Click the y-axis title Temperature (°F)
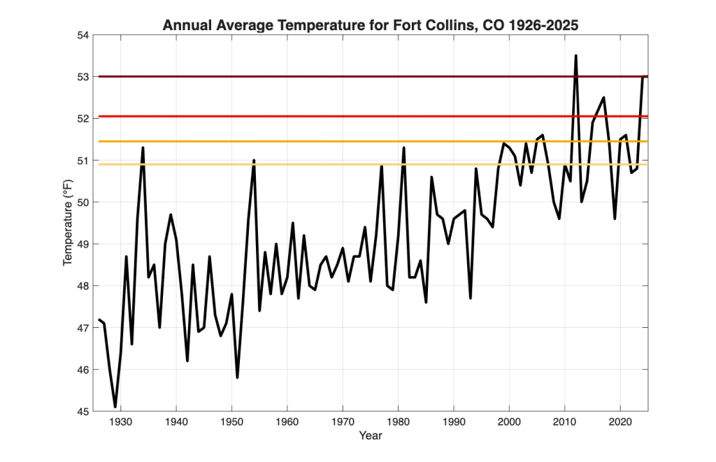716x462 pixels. pyautogui.click(x=68, y=222)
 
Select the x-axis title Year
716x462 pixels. pyautogui.click(x=371, y=435)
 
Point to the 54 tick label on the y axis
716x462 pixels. pyautogui.click(x=84, y=35)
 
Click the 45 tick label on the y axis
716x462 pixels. pyautogui.click(x=84, y=411)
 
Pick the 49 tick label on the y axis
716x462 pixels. pyautogui.click(x=84, y=244)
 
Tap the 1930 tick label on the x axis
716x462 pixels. pyautogui.click(x=121, y=422)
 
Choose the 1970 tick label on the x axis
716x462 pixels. pyautogui.click(x=343, y=422)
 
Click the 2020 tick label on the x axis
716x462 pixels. pyautogui.click(x=621, y=422)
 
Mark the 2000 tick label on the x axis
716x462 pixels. pyautogui.click(x=509, y=422)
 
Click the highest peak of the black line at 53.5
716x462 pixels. pyautogui.click(x=576, y=56)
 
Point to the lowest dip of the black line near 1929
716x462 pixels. pyautogui.click(x=115, y=407)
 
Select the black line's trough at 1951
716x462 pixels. pyautogui.click(x=238, y=377)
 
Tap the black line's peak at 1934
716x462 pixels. pyautogui.click(x=143, y=147)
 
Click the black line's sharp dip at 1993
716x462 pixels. pyautogui.click(x=471, y=298)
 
